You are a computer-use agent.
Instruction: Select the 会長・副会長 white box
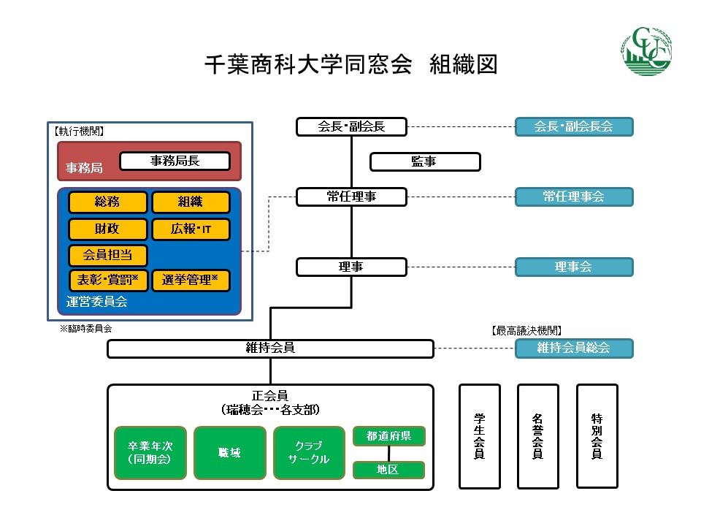351,126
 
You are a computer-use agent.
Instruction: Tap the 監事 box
425,161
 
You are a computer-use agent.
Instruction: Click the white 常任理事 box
351,197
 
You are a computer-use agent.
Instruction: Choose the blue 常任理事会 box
573,197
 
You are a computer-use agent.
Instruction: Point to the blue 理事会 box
573,267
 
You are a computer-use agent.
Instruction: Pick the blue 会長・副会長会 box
573,126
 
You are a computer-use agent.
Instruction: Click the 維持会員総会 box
573,348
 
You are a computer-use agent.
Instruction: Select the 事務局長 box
175,161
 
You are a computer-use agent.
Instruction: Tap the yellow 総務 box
107,202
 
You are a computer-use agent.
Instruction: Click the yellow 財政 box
107,229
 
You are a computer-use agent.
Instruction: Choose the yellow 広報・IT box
191,229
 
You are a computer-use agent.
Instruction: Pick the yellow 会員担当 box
107,255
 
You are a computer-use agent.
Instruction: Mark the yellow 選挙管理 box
191,280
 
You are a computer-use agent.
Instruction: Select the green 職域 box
229,453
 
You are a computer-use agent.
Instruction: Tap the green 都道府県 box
388,436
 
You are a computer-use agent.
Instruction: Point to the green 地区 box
388,470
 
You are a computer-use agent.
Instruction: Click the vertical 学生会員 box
480,436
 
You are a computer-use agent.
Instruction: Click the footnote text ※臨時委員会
85,329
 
